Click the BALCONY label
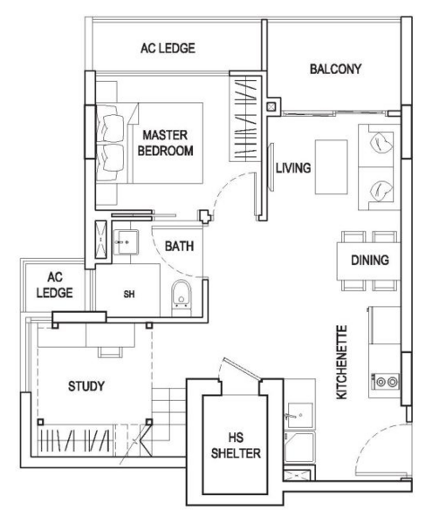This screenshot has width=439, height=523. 334,69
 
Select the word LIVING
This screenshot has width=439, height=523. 293,167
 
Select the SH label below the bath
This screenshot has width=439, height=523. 128,294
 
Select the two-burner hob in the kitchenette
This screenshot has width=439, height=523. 385,380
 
